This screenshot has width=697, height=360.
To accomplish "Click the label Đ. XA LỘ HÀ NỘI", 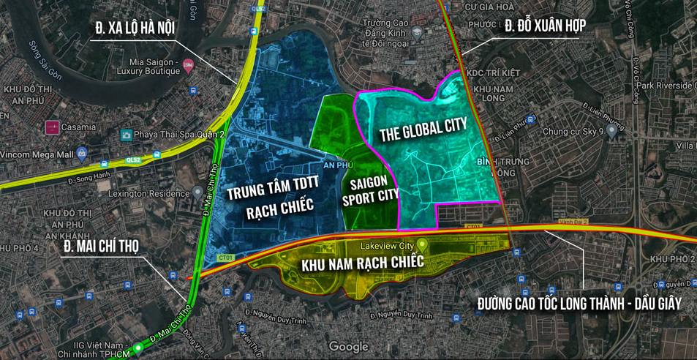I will (135, 29).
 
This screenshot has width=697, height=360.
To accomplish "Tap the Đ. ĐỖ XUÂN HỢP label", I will (545, 26).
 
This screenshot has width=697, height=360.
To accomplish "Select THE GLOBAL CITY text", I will (423, 130).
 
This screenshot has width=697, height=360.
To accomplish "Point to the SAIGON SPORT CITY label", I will (373, 190).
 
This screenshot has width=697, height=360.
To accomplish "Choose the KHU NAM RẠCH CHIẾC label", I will (363, 262).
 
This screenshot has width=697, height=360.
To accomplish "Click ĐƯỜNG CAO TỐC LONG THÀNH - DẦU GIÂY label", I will (579, 303).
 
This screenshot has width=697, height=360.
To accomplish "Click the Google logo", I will (348, 347).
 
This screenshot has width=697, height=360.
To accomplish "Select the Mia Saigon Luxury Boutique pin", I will (189, 66).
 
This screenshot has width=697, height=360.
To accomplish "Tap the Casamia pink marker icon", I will (52, 127).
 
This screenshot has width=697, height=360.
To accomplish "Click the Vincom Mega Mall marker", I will (82, 154).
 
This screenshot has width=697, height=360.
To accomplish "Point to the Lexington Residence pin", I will (197, 193).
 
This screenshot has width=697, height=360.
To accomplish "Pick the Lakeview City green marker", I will (422, 246).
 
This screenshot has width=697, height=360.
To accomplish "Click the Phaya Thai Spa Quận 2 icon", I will (127, 135).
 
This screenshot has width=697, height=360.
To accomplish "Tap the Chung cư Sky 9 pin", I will (611, 132).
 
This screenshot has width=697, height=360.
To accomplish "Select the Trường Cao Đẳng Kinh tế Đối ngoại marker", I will (417, 32).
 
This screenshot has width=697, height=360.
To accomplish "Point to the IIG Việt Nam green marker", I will (137, 348).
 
